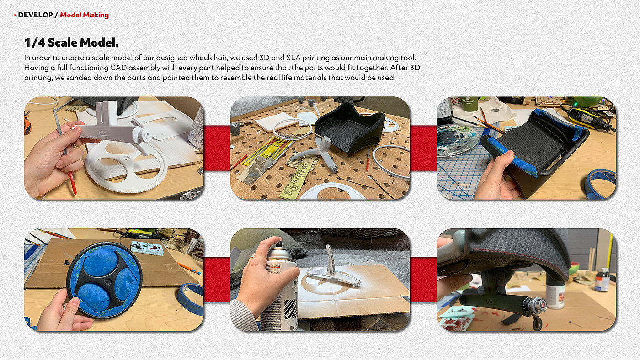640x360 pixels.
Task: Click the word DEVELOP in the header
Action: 35,15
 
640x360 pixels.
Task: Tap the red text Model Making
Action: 84,15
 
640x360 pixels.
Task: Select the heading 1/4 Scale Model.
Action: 71,42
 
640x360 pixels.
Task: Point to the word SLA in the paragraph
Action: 293,58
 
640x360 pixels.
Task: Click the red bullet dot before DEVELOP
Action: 15,15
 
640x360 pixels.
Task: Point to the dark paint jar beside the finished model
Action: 603,280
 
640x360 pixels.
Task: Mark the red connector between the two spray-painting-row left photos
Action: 217,280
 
